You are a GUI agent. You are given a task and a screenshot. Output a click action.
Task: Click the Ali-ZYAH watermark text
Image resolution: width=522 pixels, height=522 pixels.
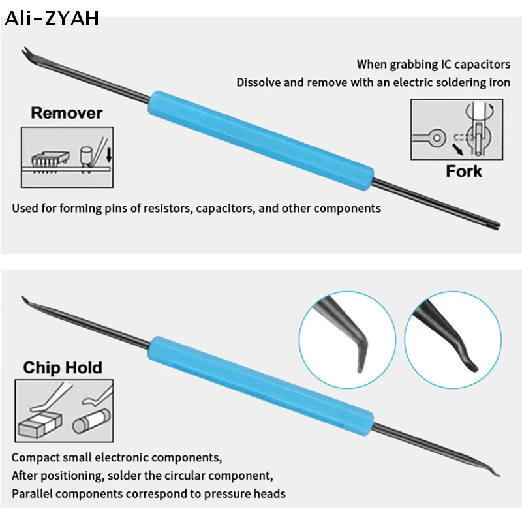click(52, 18)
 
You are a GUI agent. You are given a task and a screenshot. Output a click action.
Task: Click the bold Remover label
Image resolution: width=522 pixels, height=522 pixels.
click(67, 113)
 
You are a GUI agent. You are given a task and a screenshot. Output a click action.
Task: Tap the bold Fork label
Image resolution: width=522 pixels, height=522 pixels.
click(464, 172)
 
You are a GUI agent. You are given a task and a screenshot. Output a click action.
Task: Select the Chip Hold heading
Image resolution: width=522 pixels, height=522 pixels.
click(63, 367)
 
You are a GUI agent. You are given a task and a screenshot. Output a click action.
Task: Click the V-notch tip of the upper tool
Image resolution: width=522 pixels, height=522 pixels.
click(27, 52)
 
